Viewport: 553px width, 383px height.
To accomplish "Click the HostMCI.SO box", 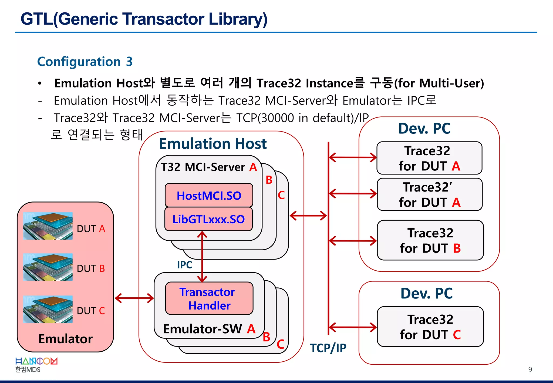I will point(209,195).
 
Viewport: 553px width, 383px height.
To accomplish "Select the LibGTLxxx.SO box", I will point(208,219).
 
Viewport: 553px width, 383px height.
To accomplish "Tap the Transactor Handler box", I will point(209,298).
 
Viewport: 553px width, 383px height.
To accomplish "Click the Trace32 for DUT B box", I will point(430,240).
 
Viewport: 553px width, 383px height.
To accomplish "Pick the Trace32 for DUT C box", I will point(430,327).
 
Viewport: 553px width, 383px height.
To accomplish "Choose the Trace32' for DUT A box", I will point(429,194).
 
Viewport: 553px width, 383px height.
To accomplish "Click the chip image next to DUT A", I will point(48,226).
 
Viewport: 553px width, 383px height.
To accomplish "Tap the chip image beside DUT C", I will point(48,309).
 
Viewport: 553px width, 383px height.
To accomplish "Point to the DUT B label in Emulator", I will point(91,268).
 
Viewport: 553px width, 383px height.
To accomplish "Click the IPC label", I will point(184,265).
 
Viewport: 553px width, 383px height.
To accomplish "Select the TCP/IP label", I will point(328,348).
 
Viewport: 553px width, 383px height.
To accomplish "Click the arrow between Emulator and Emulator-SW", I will point(134,298).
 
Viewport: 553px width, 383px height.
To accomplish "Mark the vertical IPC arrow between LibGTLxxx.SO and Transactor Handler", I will point(202,257).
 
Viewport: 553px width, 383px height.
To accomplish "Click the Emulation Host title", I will point(213,144).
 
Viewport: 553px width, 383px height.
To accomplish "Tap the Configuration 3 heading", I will point(85,62).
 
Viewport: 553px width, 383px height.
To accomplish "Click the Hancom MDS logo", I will point(36,365).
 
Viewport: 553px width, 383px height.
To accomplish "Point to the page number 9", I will point(530,369).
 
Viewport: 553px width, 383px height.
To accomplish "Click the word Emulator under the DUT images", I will point(65,339).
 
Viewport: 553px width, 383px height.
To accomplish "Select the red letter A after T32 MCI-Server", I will point(253,167).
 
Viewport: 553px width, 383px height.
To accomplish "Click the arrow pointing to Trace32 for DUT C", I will point(353,327).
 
